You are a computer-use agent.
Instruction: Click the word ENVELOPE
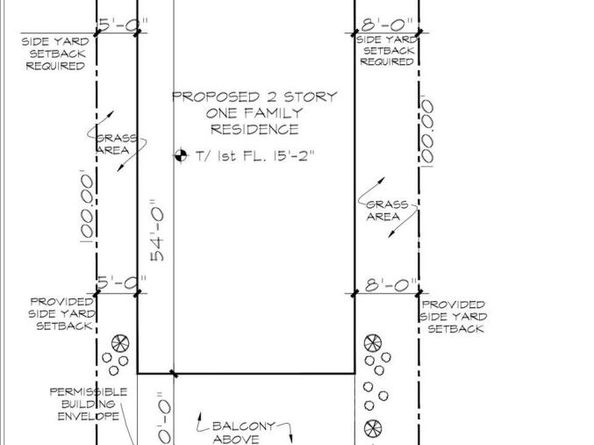coord(89,414)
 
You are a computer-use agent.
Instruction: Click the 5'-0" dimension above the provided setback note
coord(116,284)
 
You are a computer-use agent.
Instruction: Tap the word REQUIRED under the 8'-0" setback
coord(387,61)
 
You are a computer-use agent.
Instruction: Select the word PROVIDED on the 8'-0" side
coord(453,304)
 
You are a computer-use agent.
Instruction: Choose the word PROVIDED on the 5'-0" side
coord(62,301)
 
